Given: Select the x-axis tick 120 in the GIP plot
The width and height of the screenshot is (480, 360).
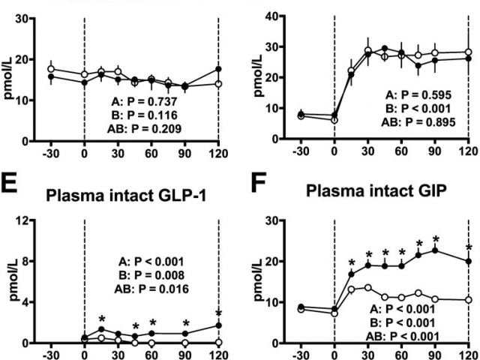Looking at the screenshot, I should pyautogui.click(x=468, y=355).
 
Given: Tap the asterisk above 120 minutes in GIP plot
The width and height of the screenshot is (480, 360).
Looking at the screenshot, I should pyautogui.click(x=468, y=247).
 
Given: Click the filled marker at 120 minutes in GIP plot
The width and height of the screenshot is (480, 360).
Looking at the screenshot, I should pyautogui.click(x=468, y=262).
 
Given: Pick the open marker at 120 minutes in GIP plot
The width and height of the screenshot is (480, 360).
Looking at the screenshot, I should pyautogui.click(x=468, y=300).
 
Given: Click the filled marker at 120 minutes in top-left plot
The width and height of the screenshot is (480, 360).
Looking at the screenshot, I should pyautogui.click(x=218, y=69).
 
